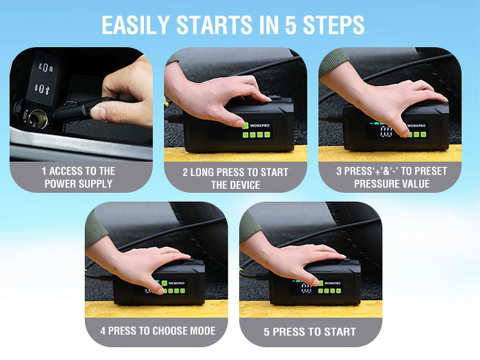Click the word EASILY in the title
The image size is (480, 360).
136,25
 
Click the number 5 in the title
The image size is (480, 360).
291,25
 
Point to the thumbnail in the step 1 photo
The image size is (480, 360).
99,113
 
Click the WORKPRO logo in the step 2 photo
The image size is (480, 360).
260,126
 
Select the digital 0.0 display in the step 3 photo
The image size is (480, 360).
386,132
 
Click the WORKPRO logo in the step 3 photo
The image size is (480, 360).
416,126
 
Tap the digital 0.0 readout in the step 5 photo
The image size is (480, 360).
306,288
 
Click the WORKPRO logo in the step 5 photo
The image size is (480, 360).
333,283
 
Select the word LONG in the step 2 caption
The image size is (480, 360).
202,172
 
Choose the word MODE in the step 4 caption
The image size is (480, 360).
203,331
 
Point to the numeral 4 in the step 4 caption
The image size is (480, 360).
103,331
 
